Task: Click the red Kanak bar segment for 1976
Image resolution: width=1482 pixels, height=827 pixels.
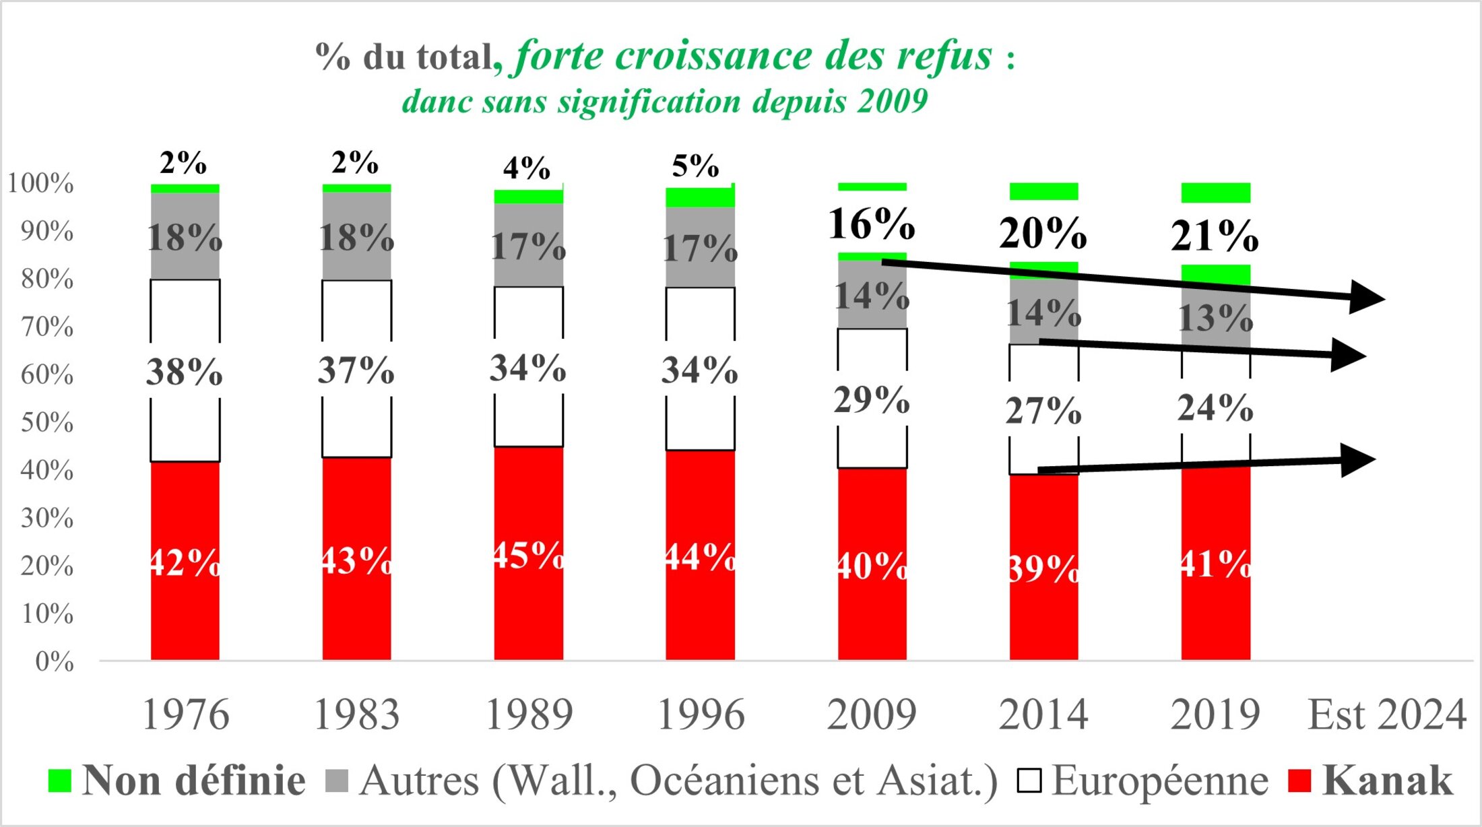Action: [185, 606]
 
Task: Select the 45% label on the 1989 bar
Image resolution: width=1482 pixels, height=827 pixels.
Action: [528, 555]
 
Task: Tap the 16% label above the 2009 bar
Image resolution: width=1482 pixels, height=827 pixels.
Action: [871, 224]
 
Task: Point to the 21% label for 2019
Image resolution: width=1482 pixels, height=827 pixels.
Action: [1215, 236]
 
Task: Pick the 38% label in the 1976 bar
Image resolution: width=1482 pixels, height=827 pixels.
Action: [184, 371]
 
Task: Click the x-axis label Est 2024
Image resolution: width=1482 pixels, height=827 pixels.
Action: [1386, 715]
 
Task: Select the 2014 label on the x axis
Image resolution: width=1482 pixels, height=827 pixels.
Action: [1043, 715]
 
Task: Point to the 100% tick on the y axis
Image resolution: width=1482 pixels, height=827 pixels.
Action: [40, 183]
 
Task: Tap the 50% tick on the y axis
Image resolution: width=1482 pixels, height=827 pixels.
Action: [46, 422]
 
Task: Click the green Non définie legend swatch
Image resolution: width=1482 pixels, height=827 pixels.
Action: [59, 781]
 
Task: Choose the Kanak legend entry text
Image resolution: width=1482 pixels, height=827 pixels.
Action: [1387, 781]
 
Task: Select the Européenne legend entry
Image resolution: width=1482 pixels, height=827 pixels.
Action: [1159, 781]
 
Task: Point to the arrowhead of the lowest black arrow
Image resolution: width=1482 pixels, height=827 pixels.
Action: [1357, 460]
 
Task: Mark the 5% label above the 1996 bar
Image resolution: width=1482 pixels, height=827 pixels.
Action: [695, 166]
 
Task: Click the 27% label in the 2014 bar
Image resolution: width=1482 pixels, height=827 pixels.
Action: [1043, 410]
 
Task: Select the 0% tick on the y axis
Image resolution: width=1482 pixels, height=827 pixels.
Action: [54, 662]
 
